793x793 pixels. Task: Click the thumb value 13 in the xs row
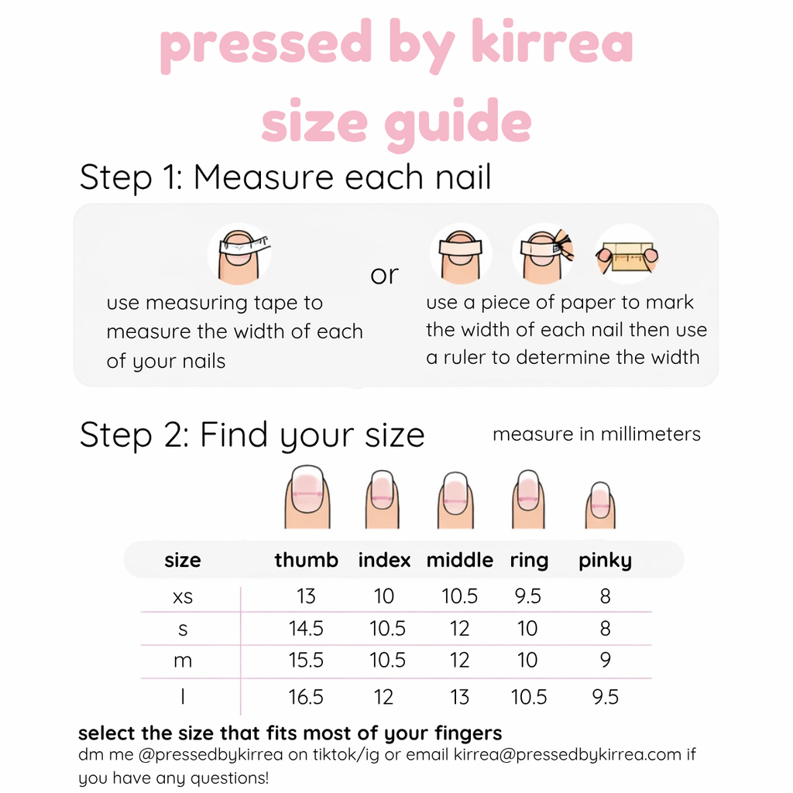(306, 596)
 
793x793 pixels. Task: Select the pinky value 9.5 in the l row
(605, 697)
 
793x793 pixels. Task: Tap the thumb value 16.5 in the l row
(306, 697)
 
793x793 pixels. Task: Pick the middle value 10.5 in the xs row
(459, 596)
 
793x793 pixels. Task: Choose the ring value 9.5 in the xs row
(527, 596)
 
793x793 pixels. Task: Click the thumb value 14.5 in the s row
(306, 629)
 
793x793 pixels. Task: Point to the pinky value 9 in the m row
(605, 661)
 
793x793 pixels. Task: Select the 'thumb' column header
(306, 560)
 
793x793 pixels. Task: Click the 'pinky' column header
(605, 560)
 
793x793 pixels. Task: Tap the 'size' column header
(183, 560)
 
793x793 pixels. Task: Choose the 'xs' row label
(183, 596)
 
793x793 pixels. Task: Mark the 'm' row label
(183, 661)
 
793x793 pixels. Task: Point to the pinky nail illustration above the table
(599, 504)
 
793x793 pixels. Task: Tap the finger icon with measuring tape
(240, 253)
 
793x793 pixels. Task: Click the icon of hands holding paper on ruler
(627, 255)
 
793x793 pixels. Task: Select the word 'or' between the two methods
(384, 274)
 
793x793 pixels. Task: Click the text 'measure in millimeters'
(596, 434)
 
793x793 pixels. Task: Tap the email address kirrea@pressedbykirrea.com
(568, 754)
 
